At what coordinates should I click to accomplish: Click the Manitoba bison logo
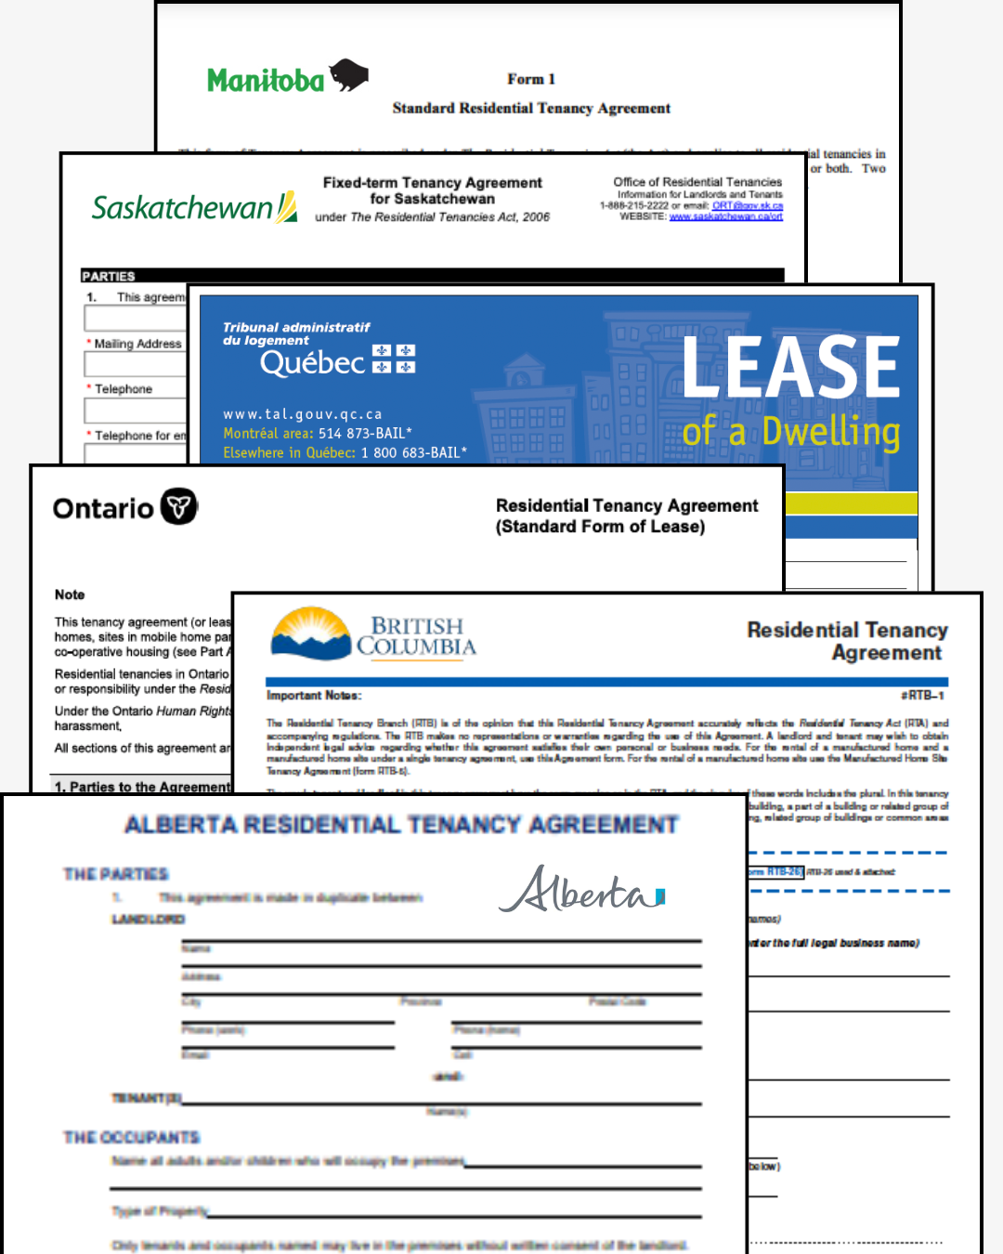(349, 75)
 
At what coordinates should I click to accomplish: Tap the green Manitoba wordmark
(266, 81)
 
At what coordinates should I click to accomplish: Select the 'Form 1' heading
(531, 79)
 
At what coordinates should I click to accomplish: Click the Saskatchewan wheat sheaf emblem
(288, 207)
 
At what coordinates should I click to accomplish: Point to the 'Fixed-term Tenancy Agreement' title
(432, 183)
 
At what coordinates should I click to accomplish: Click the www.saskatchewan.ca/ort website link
(725, 216)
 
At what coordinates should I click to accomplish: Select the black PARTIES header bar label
(109, 276)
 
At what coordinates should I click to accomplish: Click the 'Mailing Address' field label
(137, 344)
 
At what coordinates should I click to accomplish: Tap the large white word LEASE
(790, 368)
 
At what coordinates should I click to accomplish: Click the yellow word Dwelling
(831, 432)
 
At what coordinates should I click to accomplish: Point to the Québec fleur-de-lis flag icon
(394, 359)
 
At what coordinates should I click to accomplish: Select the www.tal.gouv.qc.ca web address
(303, 414)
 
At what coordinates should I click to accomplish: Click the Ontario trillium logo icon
(179, 506)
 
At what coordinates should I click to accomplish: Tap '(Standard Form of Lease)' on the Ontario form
(600, 527)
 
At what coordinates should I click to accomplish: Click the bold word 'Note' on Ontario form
(70, 594)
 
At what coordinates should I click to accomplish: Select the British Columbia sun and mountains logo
(311, 634)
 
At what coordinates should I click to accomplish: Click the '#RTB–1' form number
(922, 695)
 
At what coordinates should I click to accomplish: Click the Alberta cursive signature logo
(581, 891)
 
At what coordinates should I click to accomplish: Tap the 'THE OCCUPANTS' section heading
(131, 1137)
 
